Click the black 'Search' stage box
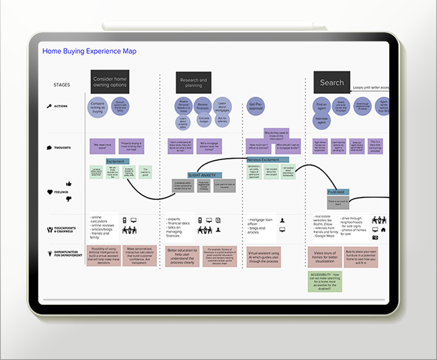pos(331,83)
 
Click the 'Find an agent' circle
pos(321,106)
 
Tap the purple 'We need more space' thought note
pos(102,145)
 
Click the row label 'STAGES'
pos(62,85)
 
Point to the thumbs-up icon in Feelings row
pos(68,184)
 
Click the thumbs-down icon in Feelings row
pos(68,198)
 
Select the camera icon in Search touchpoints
pos(375,237)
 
